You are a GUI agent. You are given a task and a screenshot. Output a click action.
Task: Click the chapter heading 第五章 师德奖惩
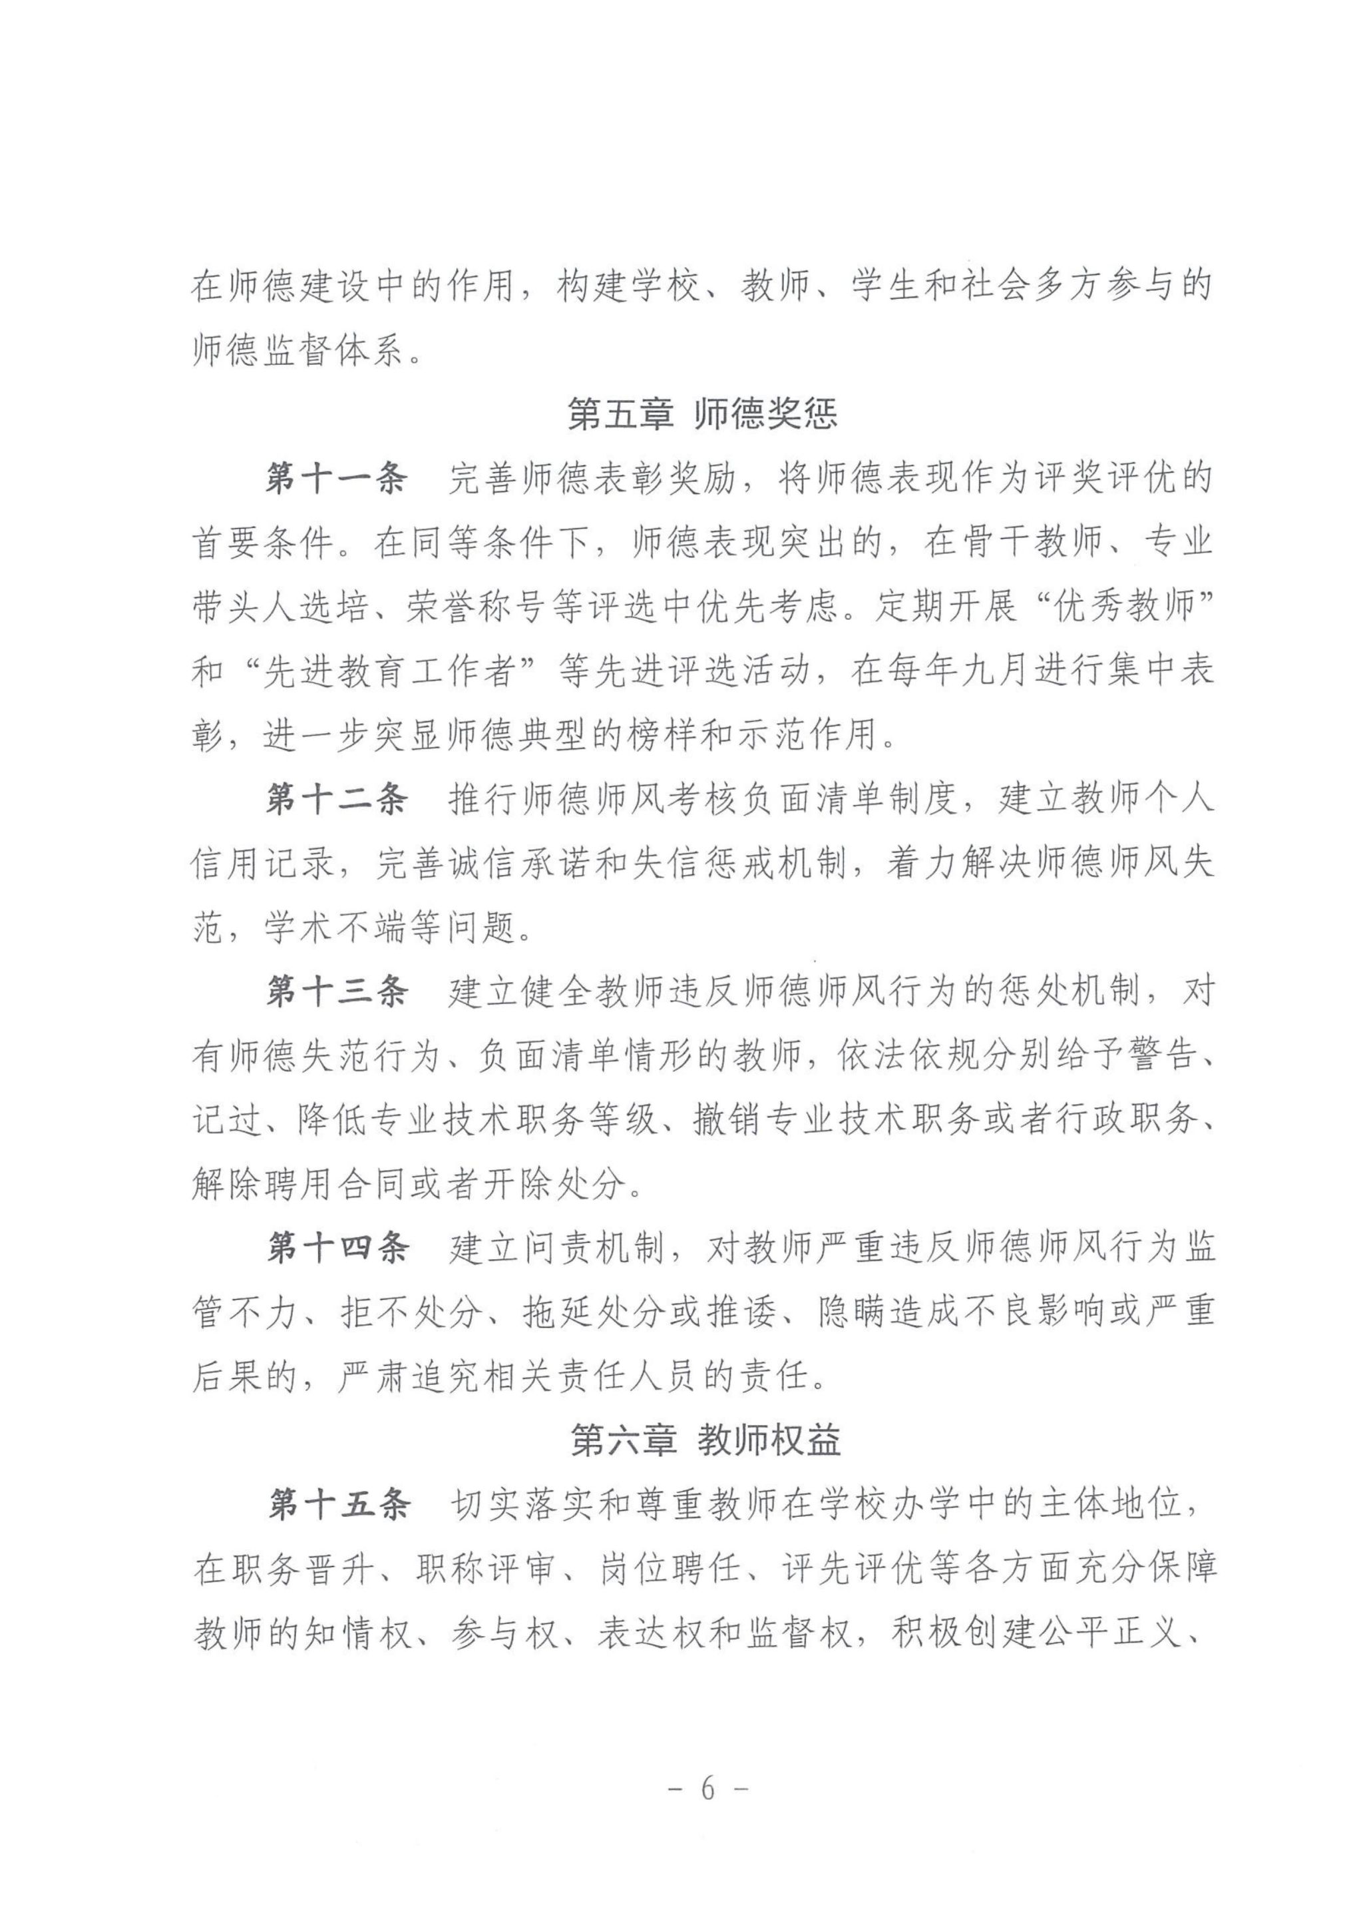[702, 415]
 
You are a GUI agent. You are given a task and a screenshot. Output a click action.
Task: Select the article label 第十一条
[337, 479]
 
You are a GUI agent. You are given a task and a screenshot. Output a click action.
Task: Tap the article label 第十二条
[337, 799]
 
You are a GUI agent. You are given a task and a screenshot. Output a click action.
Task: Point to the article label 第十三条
[337, 991]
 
